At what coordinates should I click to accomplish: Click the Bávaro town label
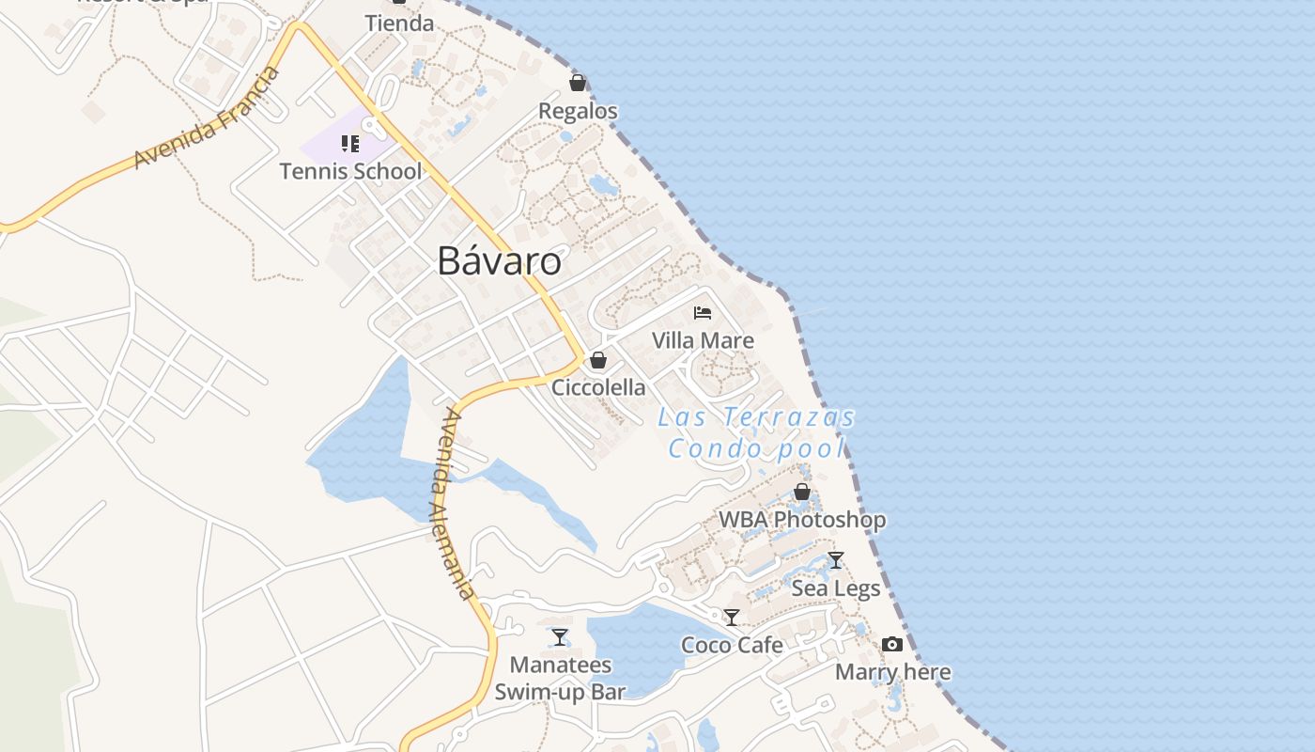[499, 261]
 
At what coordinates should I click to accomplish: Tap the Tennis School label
[350, 171]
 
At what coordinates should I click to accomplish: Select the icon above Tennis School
[350, 144]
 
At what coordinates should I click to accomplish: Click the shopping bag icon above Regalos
[578, 83]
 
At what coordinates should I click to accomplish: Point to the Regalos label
[578, 111]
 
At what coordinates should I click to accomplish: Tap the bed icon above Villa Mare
[703, 312]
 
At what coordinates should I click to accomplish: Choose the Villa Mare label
[703, 340]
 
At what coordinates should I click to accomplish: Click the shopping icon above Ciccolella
[597, 360]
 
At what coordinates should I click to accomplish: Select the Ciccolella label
[598, 387]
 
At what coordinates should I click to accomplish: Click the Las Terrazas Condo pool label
[757, 432]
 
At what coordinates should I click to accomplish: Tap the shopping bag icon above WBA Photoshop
[802, 492]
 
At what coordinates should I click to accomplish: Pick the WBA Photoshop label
[802, 519]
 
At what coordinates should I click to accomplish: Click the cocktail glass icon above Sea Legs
[836, 560]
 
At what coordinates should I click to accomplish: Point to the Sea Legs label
[836, 588]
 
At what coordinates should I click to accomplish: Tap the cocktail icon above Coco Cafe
[732, 618]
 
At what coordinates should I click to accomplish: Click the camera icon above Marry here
[892, 644]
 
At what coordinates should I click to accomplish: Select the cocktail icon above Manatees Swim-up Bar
[560, 637]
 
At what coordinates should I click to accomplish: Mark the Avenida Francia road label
[207, 117]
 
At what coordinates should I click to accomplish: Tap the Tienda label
[399, 23]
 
